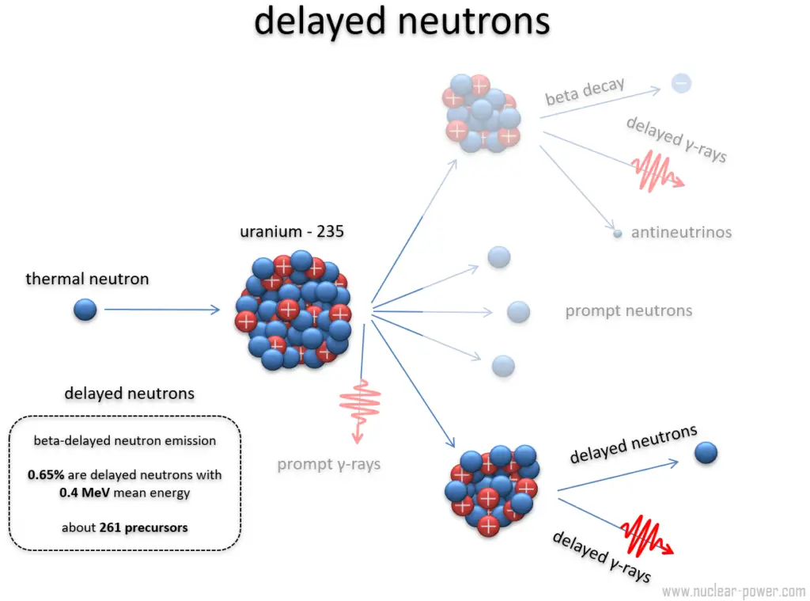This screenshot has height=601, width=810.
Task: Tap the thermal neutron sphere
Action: (x=85, y=310)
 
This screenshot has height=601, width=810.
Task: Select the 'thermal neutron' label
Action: (x=87, y=279)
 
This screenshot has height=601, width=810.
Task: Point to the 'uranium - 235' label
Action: (x=292, y=232)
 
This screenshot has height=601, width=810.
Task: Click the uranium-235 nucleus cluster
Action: (x=293, y=310)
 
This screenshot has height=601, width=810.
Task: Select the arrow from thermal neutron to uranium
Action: (x=162, y=310)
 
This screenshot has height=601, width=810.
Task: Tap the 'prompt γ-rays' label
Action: (x=328, y=464)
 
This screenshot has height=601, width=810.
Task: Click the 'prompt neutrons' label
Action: (x=628, y=310)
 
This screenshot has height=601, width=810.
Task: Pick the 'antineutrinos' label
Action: (x=681, y=233)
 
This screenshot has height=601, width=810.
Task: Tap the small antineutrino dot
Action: (x=617, y=234)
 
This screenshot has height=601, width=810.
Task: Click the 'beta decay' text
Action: (x=585, y=92)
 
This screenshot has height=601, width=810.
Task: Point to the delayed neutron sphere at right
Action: (x=706, y=453)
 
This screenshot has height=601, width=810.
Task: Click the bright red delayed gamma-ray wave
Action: (x=645, y=535)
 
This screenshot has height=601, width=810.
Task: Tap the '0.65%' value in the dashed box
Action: (x=46, y=475)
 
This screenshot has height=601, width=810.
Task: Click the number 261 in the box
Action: (x=112, y=527)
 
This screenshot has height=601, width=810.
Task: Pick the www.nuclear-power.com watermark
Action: (x=733, y=591)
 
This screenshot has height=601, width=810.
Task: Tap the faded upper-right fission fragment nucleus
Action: (x=482, y=112)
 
